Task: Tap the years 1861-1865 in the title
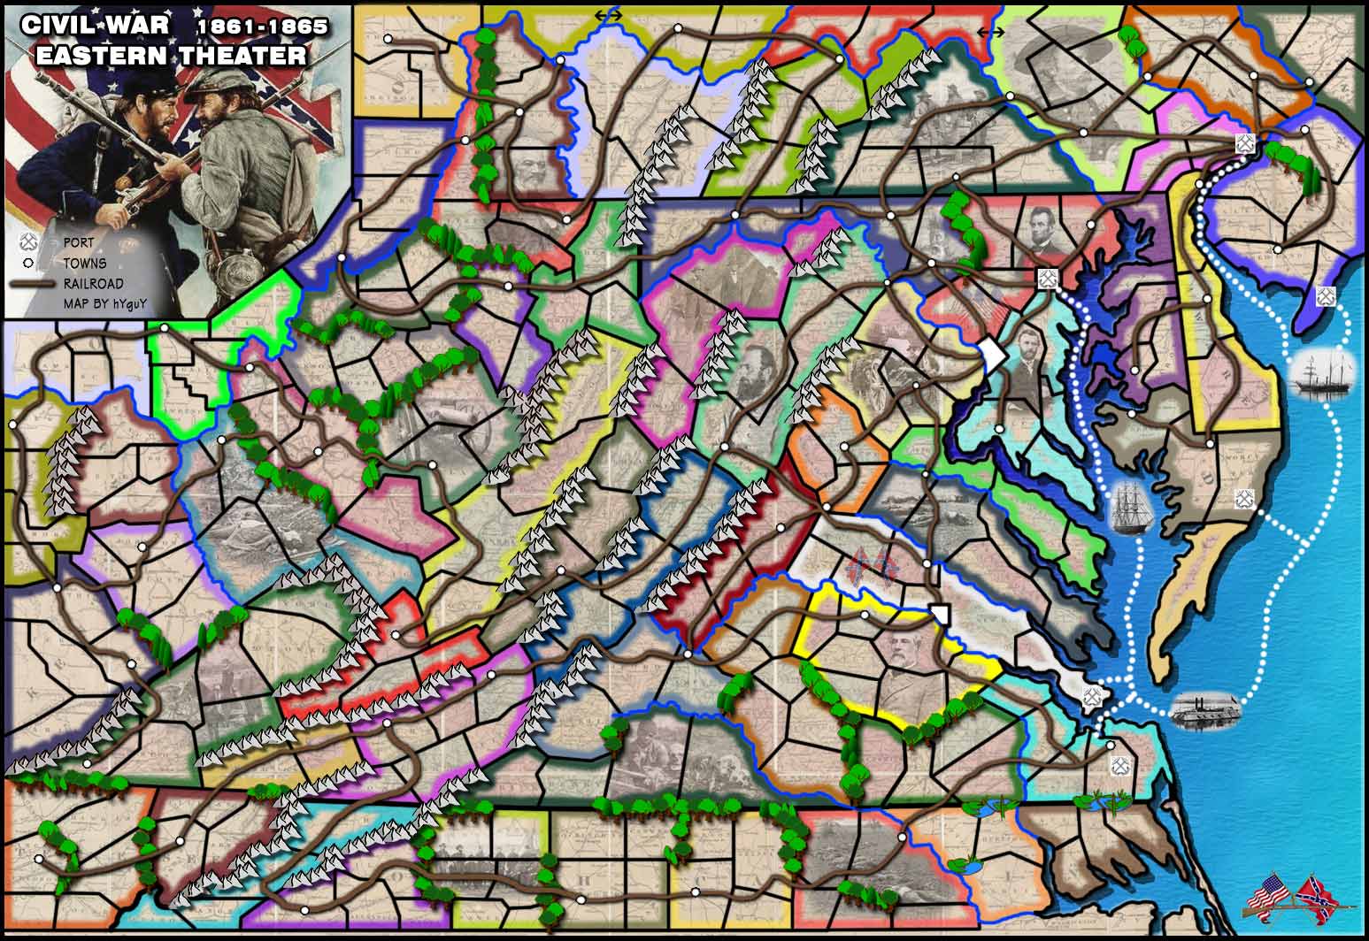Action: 262,27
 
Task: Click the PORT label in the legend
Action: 77,242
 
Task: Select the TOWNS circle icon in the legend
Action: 27,263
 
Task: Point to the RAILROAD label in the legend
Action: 94,284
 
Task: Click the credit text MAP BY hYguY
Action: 104,304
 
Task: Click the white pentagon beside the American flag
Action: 992,357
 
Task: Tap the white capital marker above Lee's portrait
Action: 940,614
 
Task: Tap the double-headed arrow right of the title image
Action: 608,14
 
